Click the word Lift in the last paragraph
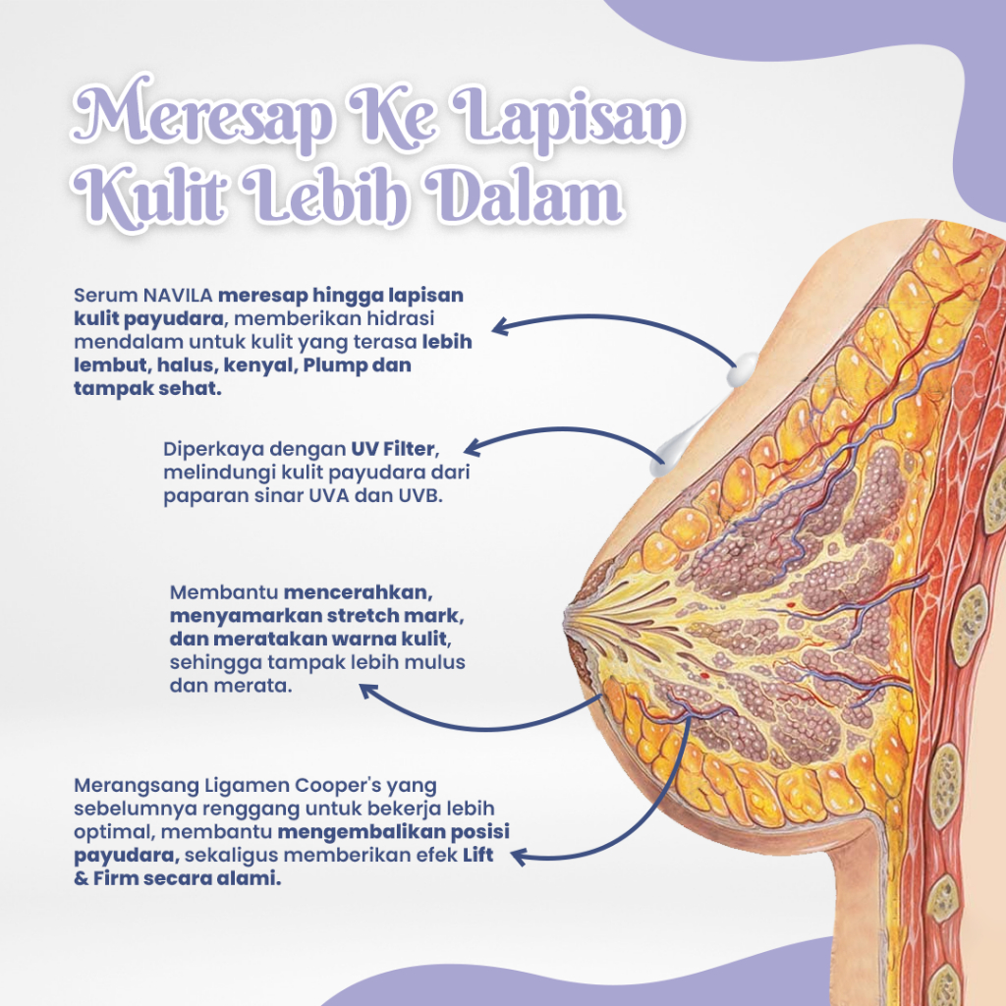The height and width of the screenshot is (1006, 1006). (477, 857)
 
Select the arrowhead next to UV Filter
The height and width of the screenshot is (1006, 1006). (471, 448)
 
